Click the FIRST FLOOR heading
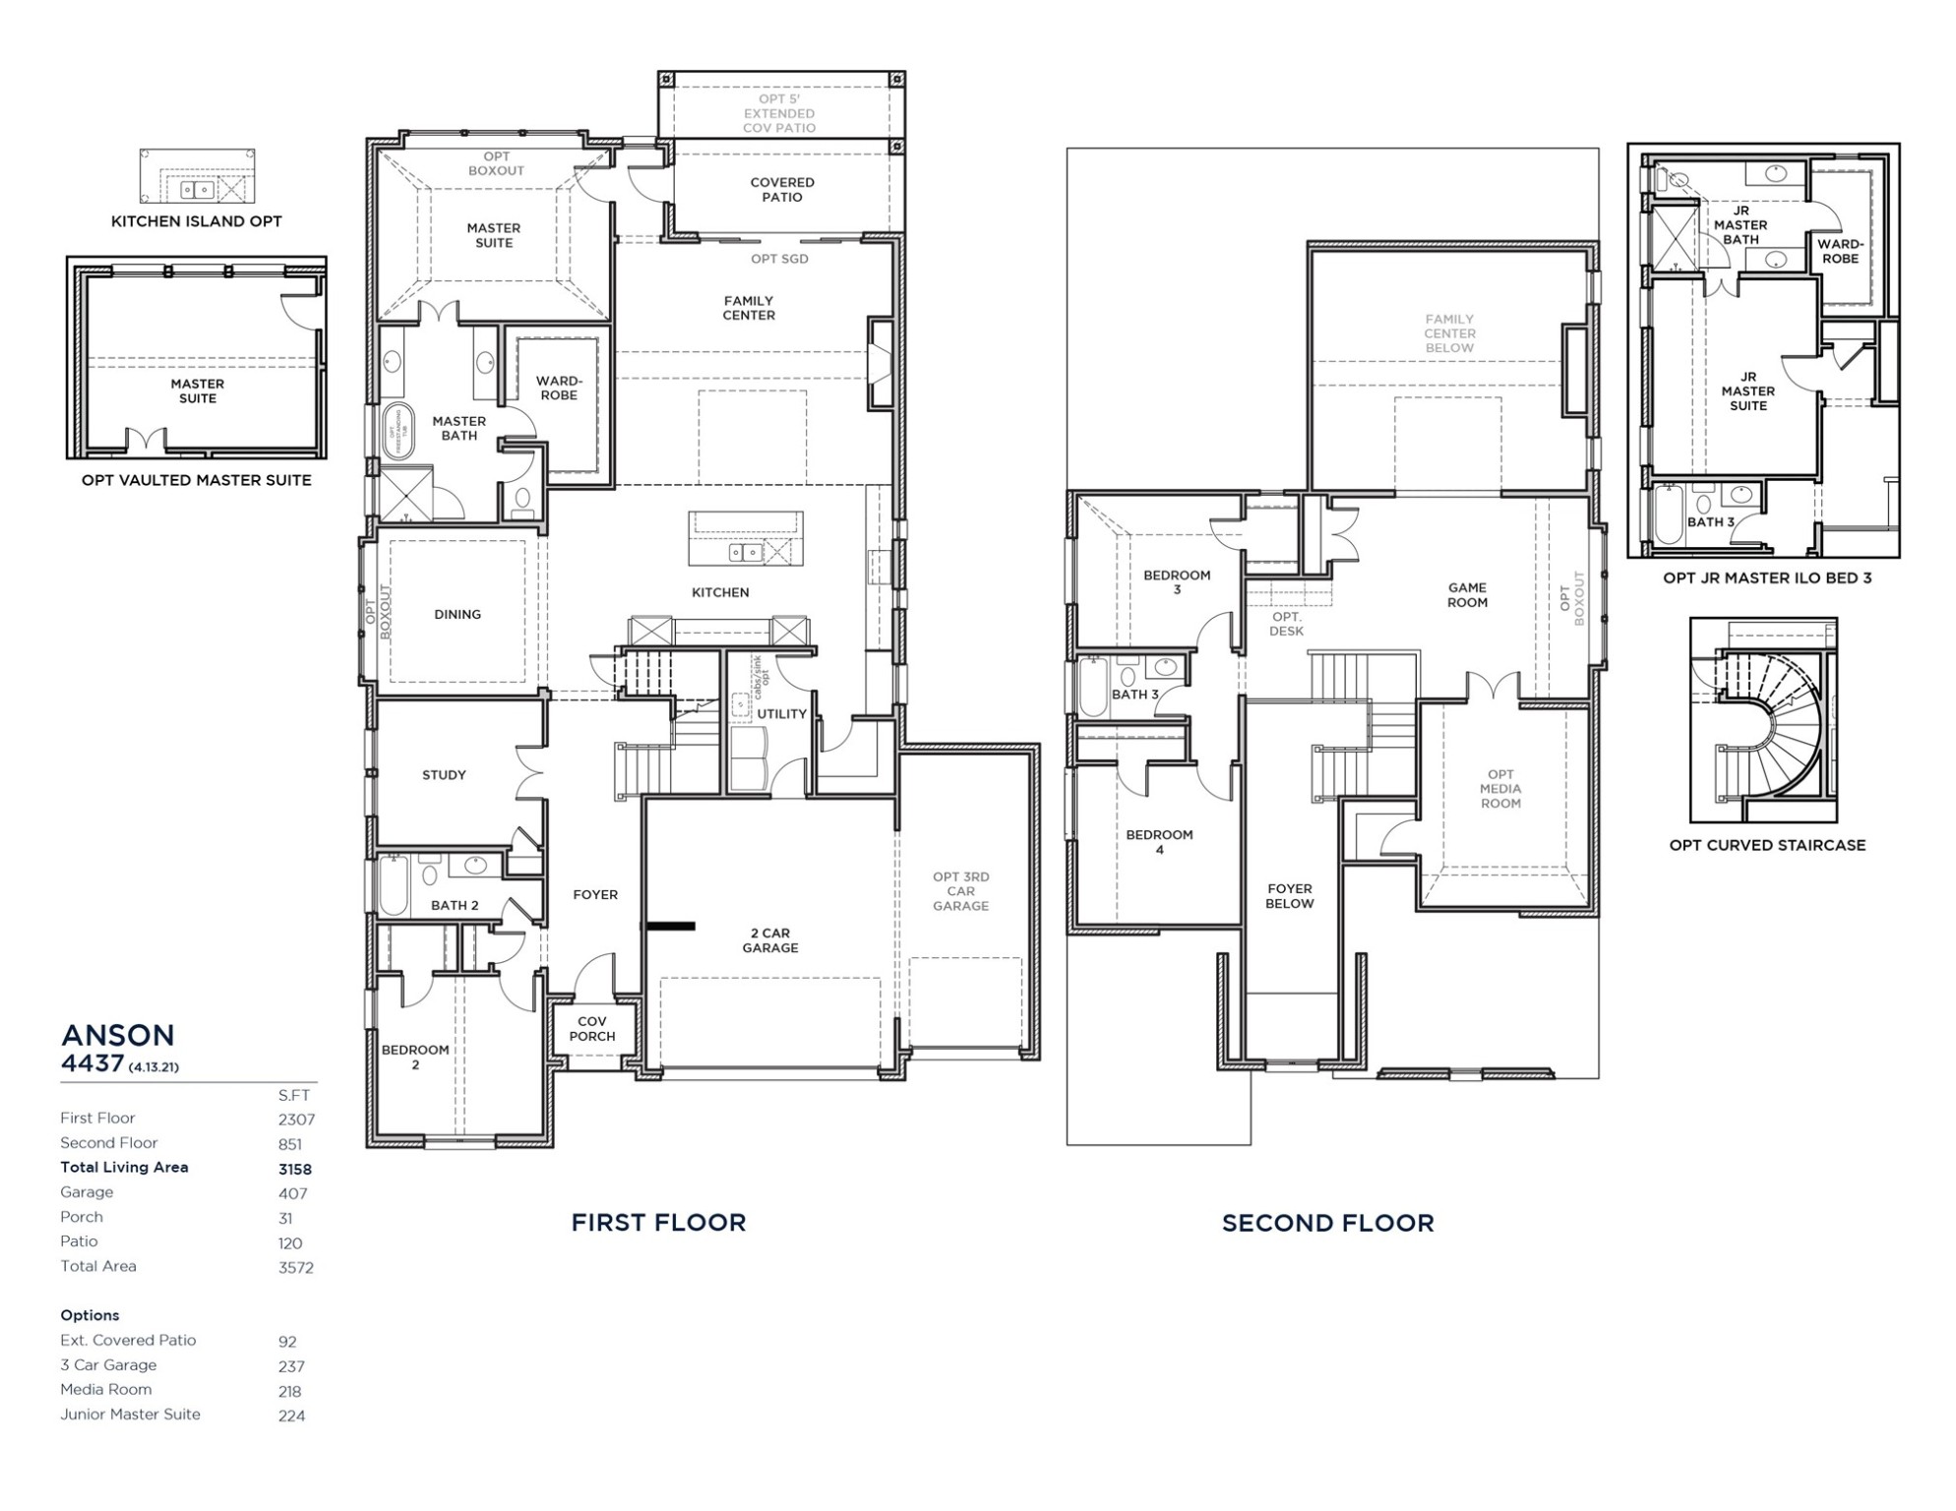[658, 1223]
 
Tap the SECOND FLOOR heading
[1327, 1223]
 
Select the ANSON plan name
[118, 1035]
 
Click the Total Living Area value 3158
[294, 1170]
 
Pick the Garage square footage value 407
[292, 1194]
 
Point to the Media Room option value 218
[291, 1392]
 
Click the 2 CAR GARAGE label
[769, 940]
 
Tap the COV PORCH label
[591, 1029]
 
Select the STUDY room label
[444, 775]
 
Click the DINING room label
[458, 615]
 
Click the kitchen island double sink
[745, 553]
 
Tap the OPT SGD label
[779, 259]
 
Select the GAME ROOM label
[1466, 595]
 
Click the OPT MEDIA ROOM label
[1499, 789]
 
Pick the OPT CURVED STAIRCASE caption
[1767, 845]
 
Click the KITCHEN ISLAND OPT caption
[196, 221]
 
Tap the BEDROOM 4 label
[1159, 842]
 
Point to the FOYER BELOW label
[1289, 896]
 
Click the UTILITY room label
[781, 714]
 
